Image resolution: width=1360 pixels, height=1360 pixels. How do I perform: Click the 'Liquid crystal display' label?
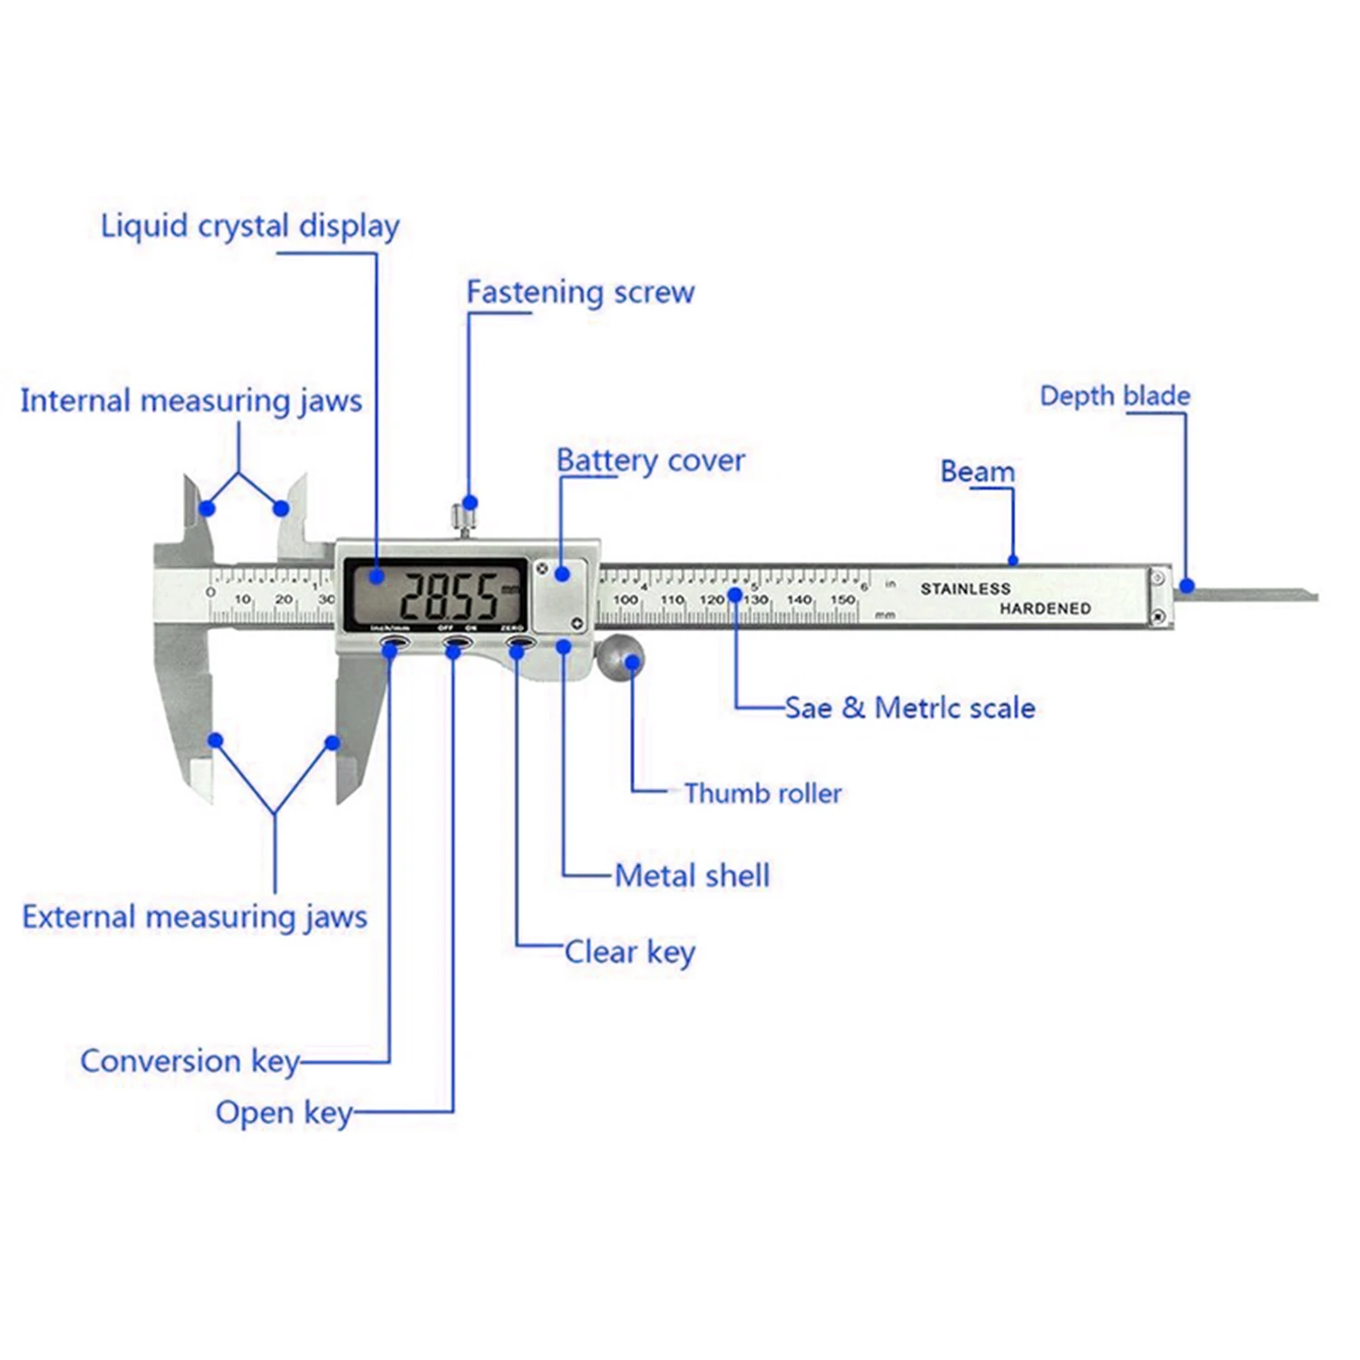point(249,226)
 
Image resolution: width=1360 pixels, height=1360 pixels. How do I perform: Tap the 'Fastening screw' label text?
point(580,292)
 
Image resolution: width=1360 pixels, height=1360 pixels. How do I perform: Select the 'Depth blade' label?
point(1114,396)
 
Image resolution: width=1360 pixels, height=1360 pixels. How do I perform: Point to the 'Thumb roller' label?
point(763,793)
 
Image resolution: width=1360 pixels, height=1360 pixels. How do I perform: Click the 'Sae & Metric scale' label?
point(909,708)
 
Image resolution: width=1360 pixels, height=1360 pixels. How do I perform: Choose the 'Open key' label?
point(284,1112)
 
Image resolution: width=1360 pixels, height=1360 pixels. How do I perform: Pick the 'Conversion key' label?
point(189,1061)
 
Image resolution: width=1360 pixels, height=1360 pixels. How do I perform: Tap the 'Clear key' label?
point(629,952)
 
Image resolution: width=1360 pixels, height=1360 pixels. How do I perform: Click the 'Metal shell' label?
point(692,876)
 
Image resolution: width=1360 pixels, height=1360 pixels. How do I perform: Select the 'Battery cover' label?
point(650,461)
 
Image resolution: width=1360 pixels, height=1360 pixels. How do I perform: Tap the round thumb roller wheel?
point(620,656)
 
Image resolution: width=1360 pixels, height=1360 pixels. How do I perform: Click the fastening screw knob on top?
point(464,519)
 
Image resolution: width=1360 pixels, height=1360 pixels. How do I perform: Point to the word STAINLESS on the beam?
point(965,588)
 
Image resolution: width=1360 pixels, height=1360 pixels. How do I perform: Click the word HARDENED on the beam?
point(1044,608)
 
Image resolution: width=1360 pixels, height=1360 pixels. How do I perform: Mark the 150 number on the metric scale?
point(842,599)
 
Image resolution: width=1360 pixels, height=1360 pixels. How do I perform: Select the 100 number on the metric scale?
point(626,599)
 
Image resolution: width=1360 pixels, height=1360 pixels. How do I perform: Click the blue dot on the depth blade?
point(1187,586)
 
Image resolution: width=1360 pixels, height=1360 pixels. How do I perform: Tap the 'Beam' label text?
point(976,471)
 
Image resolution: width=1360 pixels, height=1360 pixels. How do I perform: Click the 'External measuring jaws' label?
point(195,917)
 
